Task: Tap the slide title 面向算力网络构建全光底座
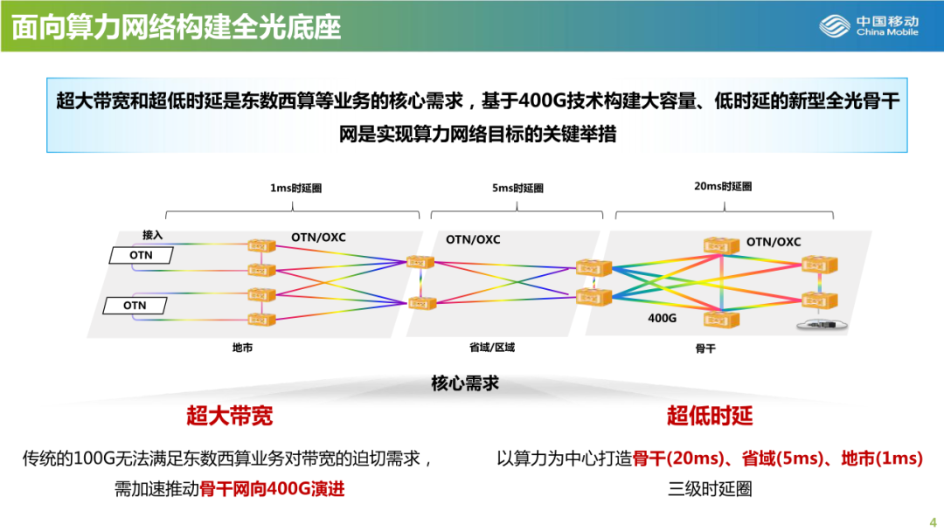point(176,25)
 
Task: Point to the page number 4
point(932,515)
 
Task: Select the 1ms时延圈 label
point(289,188)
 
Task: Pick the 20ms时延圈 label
point(723,186)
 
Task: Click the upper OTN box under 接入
point(141,255)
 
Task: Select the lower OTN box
point(135,306)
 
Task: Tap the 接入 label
point(153,235)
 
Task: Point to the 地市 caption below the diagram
point(242,348)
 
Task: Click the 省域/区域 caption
point(492,348)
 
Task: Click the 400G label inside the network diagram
point(662,319)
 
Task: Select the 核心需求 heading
point(465,383)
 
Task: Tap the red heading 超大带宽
point(229,416)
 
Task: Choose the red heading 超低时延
point(710,416)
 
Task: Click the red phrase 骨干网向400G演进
point(272,488)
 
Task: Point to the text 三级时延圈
point(710,488)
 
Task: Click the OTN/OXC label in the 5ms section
point(473,239)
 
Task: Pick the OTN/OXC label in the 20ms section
point(773,242)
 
